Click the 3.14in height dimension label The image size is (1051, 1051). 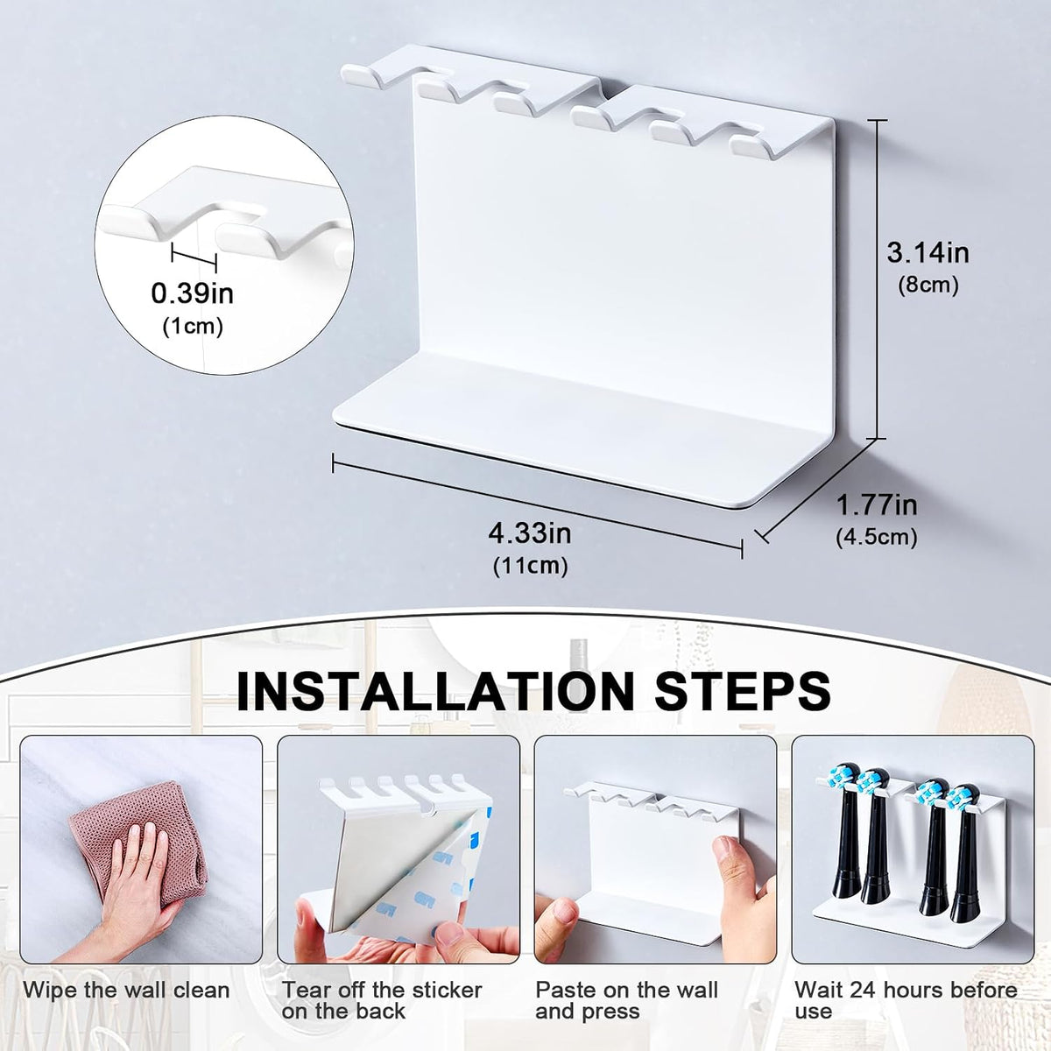[928, 254]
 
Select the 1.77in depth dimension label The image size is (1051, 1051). [877, 505]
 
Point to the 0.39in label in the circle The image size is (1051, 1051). [193, 293]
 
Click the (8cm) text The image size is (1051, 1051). [928, 286]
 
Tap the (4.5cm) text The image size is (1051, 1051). [877, 537]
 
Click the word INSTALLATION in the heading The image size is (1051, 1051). [435, 691]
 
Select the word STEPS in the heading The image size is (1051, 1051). [742, 691]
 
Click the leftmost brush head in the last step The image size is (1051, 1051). [845, 839]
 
